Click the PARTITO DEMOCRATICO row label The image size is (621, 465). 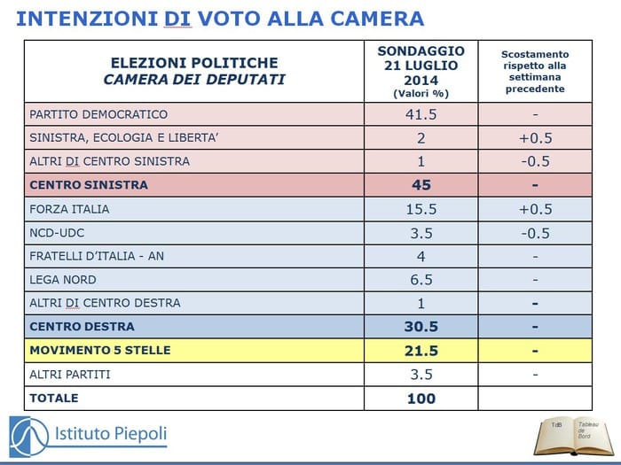[98, 114]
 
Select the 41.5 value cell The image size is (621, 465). [421, 114]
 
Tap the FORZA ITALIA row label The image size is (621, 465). [69, 210]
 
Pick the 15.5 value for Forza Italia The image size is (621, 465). [421, 210]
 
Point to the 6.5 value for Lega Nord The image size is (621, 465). [421, 280]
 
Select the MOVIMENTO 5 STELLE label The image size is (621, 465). [99, 351]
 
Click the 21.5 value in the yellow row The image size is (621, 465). [421, 351]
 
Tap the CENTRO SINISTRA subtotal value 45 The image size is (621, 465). [421, 185]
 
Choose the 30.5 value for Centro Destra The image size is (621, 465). [421, 327]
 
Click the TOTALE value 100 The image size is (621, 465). [421, 399]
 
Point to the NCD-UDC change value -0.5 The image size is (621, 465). [535, 234]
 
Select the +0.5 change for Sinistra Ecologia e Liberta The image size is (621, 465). [535, 138]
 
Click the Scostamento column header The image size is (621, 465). [535, 71]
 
